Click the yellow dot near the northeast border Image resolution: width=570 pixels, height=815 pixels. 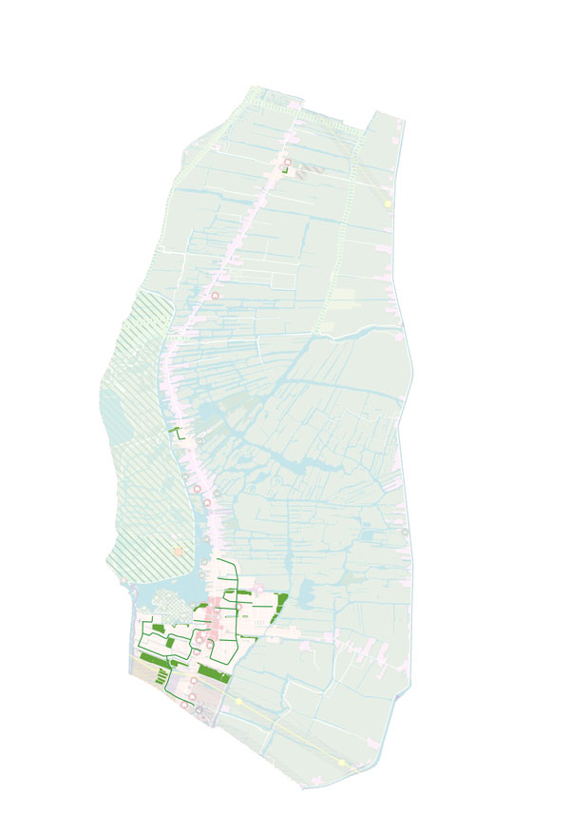point(388,203)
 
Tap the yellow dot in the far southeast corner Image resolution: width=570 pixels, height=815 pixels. point(342,762)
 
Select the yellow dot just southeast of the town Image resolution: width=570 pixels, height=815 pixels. point(238,701)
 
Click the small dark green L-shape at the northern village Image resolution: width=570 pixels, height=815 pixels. point(284,171)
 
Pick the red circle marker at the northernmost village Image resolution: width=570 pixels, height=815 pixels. point(286,163)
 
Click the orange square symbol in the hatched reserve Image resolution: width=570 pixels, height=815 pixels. point(178,551)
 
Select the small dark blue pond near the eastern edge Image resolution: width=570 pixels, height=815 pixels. point(366,536)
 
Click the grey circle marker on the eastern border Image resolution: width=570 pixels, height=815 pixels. point(406,533)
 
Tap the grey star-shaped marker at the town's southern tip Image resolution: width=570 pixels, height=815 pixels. point(199,708)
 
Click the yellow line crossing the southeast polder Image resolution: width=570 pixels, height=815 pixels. point(294,732)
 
